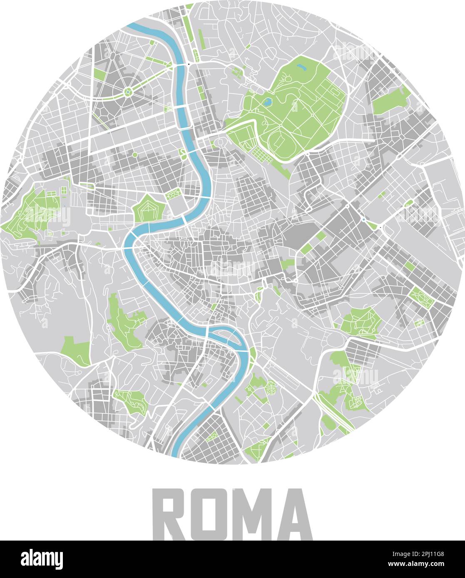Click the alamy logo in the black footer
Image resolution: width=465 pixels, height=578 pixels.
(42, 559)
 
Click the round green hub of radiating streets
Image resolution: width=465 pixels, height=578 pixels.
(127, 92)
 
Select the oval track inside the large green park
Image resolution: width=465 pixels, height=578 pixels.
(279, 141)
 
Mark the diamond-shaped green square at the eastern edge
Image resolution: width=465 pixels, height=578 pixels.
(421, 297)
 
